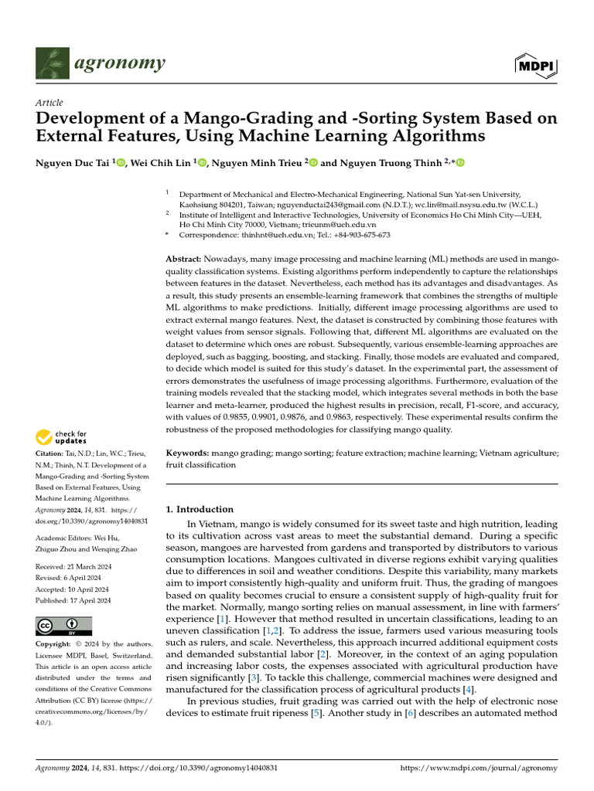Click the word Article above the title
[49, 103]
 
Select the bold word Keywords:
[187, 453]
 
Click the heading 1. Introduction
[200, 509]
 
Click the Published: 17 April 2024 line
[74, 600]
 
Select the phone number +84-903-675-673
[357, 235]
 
